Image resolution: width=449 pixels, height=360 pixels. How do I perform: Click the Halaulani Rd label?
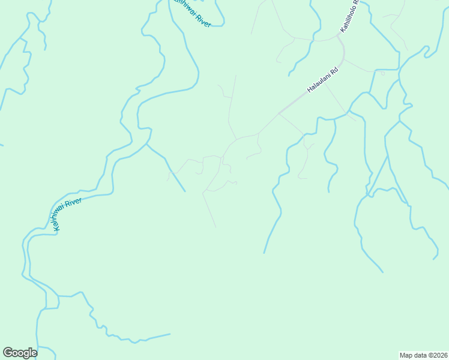coord(323,79)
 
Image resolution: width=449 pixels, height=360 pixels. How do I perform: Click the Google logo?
coord(20,353)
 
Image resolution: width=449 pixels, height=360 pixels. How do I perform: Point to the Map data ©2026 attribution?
coord(424,355)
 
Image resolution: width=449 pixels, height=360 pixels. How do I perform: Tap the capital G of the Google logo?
coord(8,352)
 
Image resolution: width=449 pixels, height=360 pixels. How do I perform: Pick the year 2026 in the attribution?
coord(440,355)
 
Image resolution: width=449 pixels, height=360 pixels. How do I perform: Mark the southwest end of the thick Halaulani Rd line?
coord(280,112)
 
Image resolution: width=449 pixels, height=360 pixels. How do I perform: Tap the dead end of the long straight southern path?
coord(215,227)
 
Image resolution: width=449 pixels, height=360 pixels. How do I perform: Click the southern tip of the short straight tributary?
coord(185,191)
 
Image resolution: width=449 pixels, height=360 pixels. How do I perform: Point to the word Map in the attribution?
coord(406,355)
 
